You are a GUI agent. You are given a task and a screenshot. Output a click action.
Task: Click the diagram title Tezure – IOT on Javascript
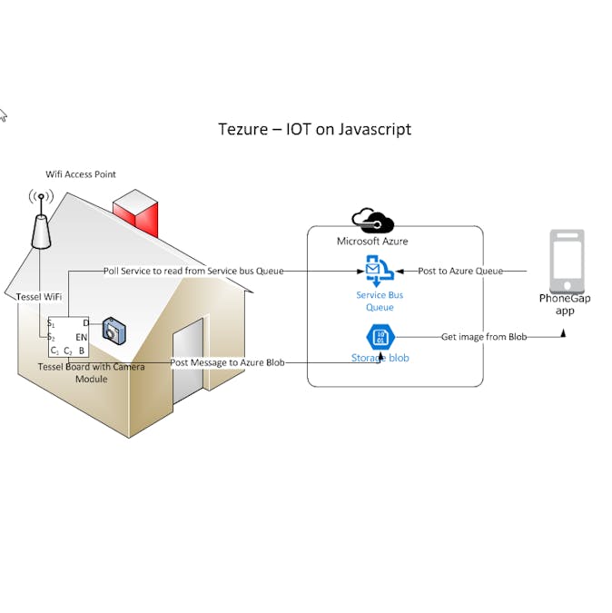pyautogui.click(x=314, y=129)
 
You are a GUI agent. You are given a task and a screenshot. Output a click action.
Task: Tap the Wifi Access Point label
pyautogui.click(x=81, y=174)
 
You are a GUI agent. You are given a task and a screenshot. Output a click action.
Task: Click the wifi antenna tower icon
pyautogui.click(x=41, y=220)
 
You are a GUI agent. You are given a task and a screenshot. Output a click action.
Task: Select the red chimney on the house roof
pyautogui.click(x=137, y=214)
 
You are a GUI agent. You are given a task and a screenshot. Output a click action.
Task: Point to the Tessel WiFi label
pyautogui.click(x=39, y=297)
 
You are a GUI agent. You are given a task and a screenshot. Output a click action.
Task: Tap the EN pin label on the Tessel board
pyautogui.click(x=82, y=337)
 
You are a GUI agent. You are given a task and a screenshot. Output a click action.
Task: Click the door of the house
pyautogui.click(x=187, y=359)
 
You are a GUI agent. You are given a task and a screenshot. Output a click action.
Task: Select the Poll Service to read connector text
pyautogui.click(x=193, y=271)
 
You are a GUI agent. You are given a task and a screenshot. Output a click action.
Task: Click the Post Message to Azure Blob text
pyautogui.click(x=227, y=363)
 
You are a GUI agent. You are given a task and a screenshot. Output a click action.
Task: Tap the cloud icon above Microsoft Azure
pyautogui.click(x=371, y=221)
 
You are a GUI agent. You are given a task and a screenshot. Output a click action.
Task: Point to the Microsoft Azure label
pyautogui.click(x=372, y=242)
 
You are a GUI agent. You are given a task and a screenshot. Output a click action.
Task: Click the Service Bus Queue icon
pyautogui.click(x=379, y=271)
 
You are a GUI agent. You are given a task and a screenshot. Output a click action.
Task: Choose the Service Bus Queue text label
pyautogui.click(x=380, y=301)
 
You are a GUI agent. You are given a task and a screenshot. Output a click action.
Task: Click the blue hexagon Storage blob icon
pyautogui.click(x=380, y=337)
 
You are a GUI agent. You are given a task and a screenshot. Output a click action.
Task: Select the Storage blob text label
pyautogui.click(x=380, y=358)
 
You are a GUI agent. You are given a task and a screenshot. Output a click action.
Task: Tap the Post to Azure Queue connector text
pyautogui.click(x=460, y=271)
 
